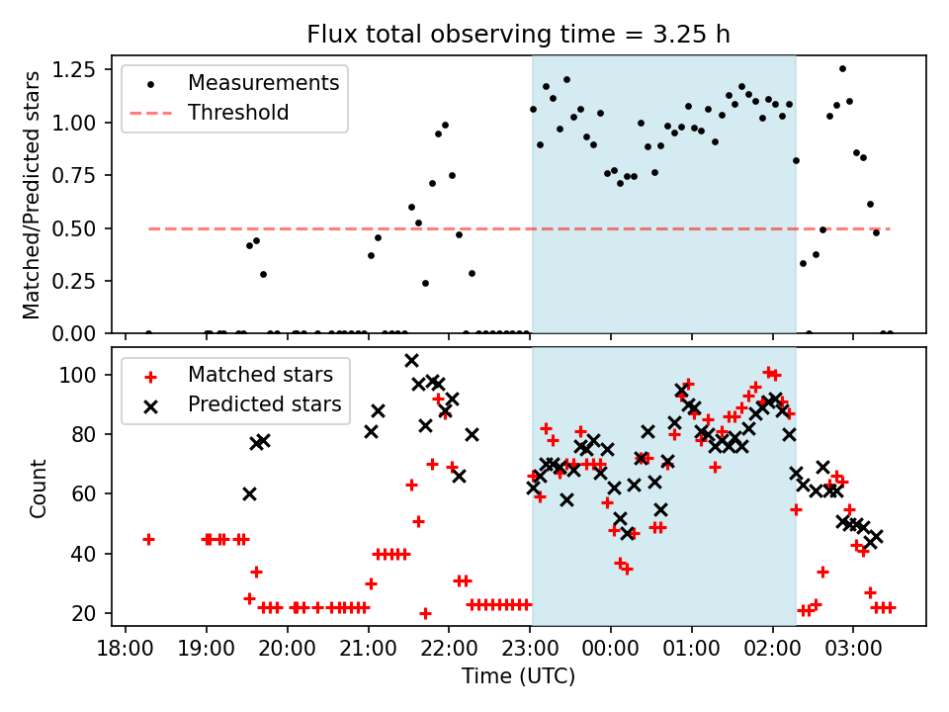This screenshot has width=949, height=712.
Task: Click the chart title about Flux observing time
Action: pyautogui.click(x=519, y=35)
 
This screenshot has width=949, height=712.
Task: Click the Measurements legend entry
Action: pyautogui.click(x=263, y=82)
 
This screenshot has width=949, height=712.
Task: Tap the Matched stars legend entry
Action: pyautogui.click(x=260, y=375)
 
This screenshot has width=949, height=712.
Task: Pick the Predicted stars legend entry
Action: pyautogui.click(x=264, y=404)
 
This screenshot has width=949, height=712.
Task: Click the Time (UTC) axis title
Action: pyautogui.click(x=519, y=677)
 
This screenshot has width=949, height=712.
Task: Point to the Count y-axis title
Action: pyautogui.click(x=39, y=488)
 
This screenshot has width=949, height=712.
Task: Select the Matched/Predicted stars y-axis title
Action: pyautogui.click(x=32, y=195)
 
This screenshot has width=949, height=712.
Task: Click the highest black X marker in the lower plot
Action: pyautogui.click(x=411, y=361)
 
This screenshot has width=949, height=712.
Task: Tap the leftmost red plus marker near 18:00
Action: pyautogui.click(x=148, y=539)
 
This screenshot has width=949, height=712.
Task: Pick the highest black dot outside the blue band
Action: pyautogui.click(x=842, y=69)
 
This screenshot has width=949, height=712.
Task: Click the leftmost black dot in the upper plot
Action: pyautogui.click(x=148, y=333)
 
